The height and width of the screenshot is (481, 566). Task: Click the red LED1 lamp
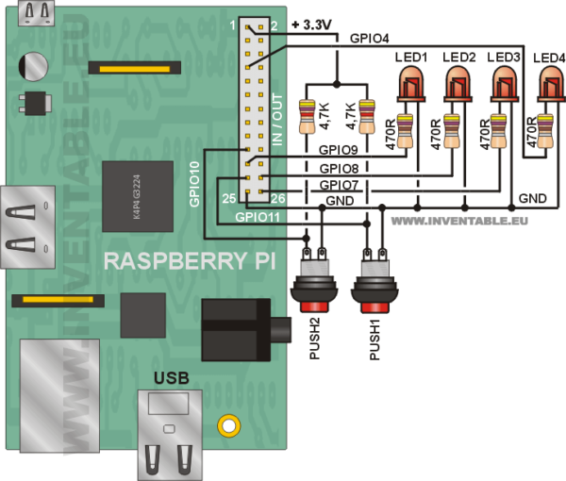[410, 86]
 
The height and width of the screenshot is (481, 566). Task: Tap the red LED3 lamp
[504, 86]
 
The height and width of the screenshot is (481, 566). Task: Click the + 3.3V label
[313, 25]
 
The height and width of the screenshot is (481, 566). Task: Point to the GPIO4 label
[370, 40]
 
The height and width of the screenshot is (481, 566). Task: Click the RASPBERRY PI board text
[189, 260]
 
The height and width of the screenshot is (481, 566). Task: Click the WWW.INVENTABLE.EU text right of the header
[458, 223]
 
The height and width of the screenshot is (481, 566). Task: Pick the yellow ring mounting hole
[225, 425]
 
